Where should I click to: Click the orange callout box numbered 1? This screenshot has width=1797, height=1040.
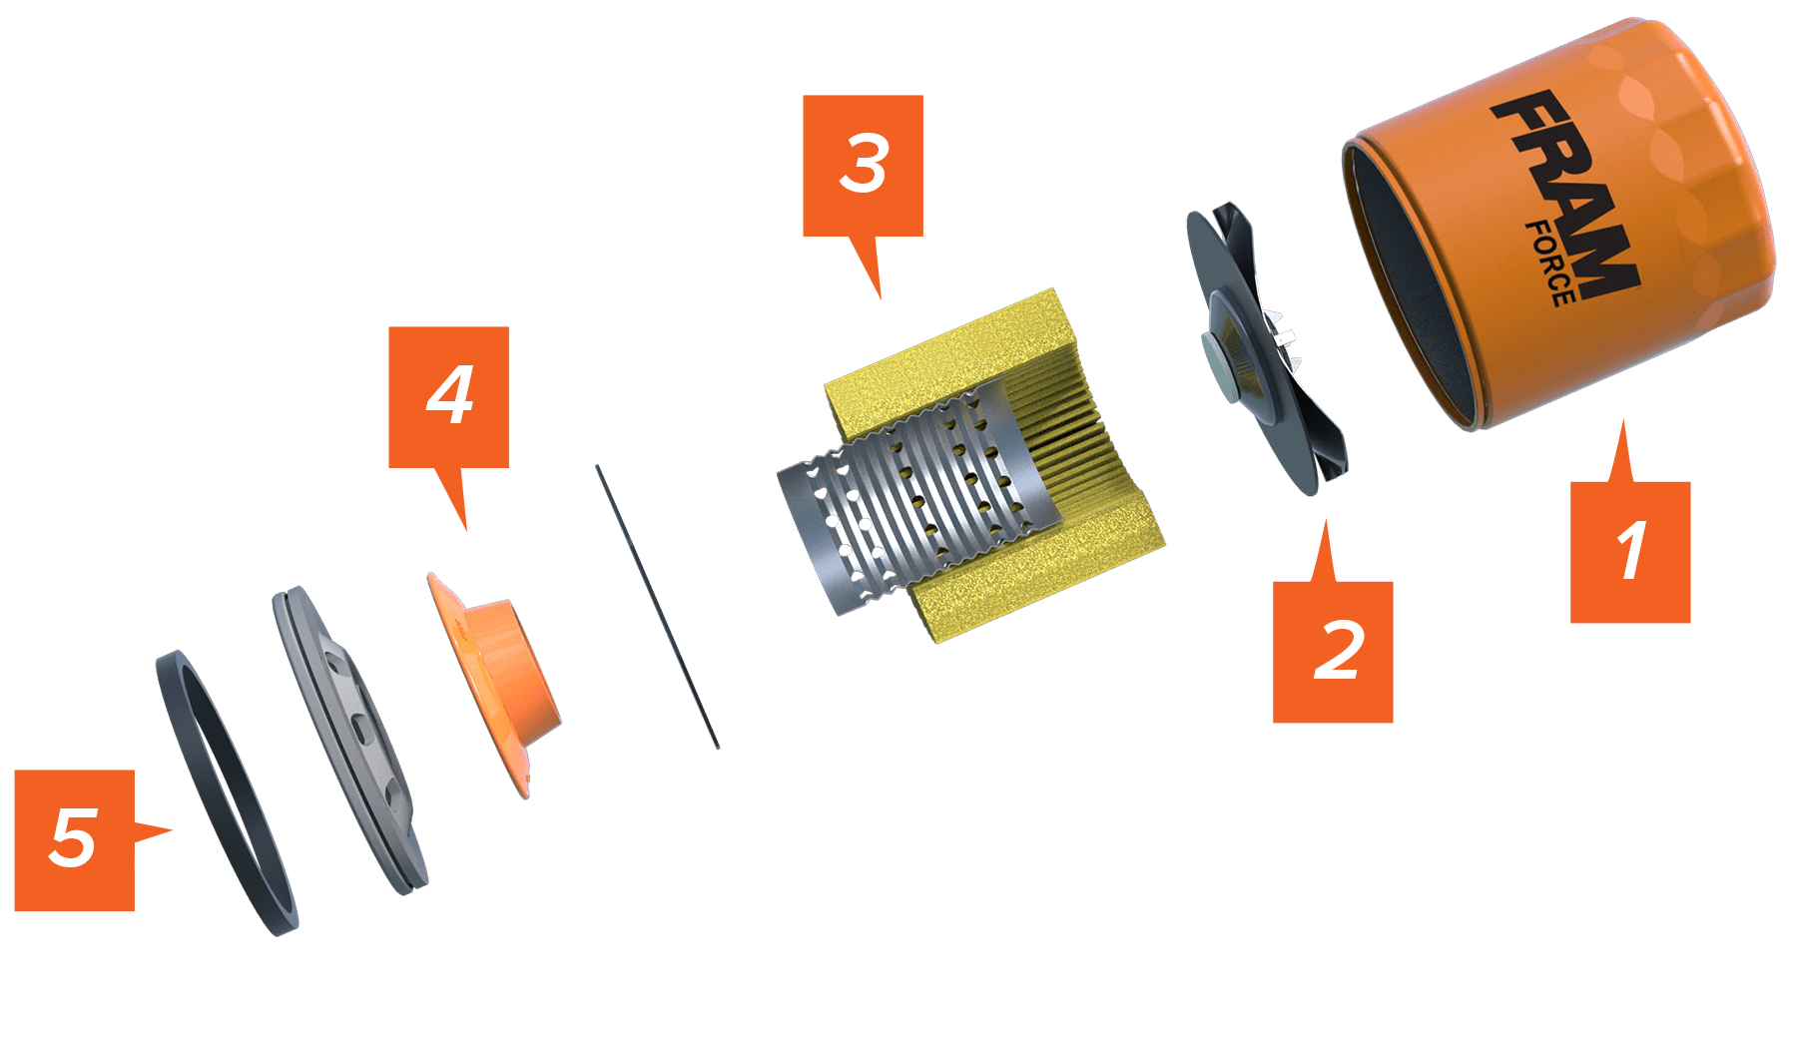click(x=1629, y=552)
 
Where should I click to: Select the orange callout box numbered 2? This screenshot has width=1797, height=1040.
click(x=1333, y=652)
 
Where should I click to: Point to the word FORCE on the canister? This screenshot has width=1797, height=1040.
click(x=1549, y=263)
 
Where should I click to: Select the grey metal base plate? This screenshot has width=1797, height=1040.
click(x=349, y=739)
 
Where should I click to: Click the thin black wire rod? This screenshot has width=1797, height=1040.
click(x=657, y=606)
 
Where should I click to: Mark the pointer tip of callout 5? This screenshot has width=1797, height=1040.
click(x=173, y=829)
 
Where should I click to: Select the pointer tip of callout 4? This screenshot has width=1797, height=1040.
click(x=465, y=530)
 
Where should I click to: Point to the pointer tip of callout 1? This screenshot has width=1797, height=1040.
click(x=1622, y=420)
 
